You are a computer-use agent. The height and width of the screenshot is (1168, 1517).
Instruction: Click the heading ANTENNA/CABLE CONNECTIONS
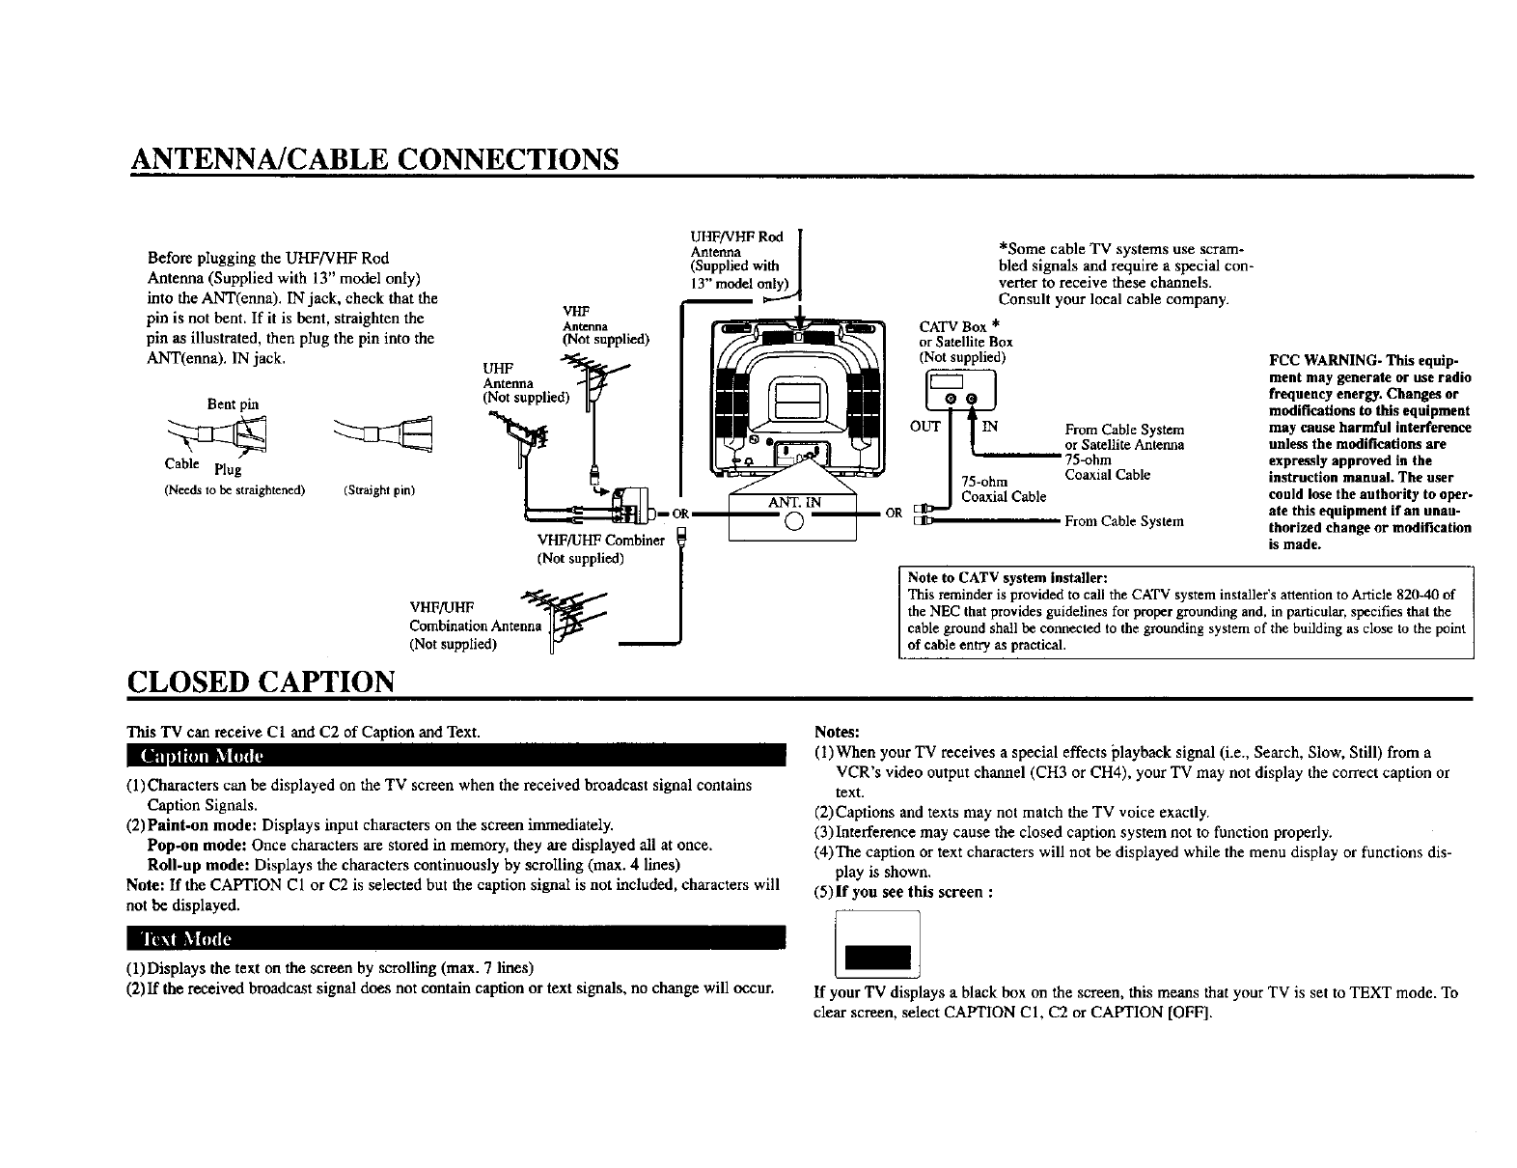pos(374,157)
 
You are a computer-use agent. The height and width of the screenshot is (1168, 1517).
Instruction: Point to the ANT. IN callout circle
pos(793,523)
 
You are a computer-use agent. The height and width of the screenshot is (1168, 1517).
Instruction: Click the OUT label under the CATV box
pos(924,427)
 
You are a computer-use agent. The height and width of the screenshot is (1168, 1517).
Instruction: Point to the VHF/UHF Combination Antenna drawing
pos(573,618)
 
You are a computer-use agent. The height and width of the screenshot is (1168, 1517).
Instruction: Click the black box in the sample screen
pos(877,958)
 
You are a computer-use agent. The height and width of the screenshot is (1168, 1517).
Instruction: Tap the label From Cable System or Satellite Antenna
pos(1124,437)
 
